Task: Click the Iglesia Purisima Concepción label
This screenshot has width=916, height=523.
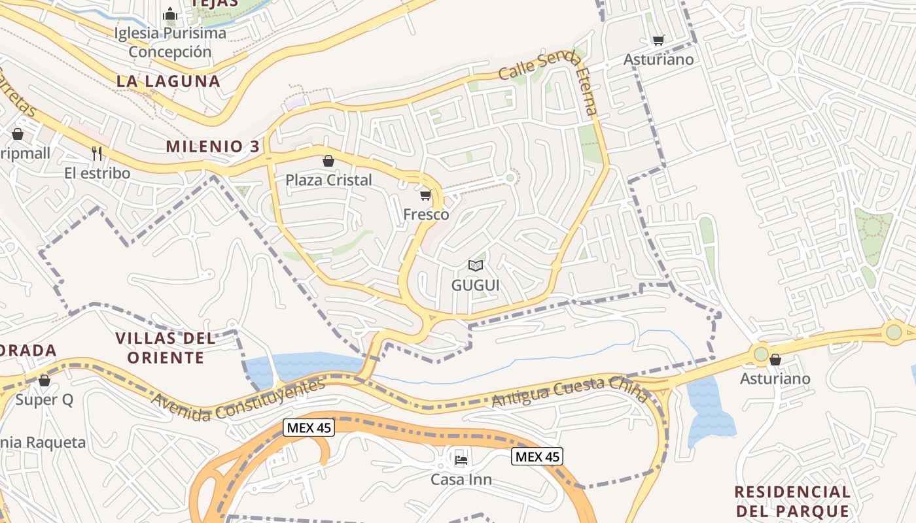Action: tap(170, 42)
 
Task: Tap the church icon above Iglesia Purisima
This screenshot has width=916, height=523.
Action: tap(170, 14)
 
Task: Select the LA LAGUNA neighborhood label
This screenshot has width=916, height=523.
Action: tap(168, 81)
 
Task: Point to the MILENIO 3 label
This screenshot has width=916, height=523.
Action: tap(213, 146)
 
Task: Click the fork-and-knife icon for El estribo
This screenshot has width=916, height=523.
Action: tap(97, 154)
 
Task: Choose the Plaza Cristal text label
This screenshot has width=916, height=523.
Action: tap(328, 180)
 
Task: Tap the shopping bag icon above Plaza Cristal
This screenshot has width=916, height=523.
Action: tap(328, 161)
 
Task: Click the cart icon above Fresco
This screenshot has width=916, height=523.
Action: tap(426, 195)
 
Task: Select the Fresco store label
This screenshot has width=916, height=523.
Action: tap(426, 214)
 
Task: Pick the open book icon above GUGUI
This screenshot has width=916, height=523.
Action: tap(476, 265)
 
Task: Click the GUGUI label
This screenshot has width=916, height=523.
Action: tap(476, 285)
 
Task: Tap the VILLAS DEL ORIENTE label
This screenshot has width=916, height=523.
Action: tap(166, 348)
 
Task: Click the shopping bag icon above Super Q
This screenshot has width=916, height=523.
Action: tap(44, 380)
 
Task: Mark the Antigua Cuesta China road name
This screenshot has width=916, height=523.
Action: tap(569, 390)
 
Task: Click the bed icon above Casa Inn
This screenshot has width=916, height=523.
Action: tap(461, 460)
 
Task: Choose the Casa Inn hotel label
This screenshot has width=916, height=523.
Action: tap(461, 480)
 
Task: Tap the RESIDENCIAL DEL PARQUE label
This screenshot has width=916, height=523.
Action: tap(792, 501)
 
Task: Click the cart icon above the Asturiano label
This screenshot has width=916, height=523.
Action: tap(658, 41)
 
